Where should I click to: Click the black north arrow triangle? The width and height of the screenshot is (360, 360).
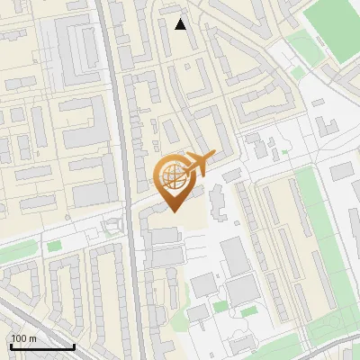(x=181, y=24)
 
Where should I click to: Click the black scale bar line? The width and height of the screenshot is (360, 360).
(x=41, y=346)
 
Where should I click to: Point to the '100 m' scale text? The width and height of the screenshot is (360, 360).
(x=23, y=338)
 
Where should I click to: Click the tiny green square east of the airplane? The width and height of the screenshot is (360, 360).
(x=284, y=152)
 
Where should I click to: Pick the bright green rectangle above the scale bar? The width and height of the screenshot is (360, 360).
(x=54, y=246)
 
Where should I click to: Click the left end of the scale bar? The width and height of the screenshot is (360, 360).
(x=11, y=346)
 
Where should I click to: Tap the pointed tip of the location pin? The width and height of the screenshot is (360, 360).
(x=173, y=211)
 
